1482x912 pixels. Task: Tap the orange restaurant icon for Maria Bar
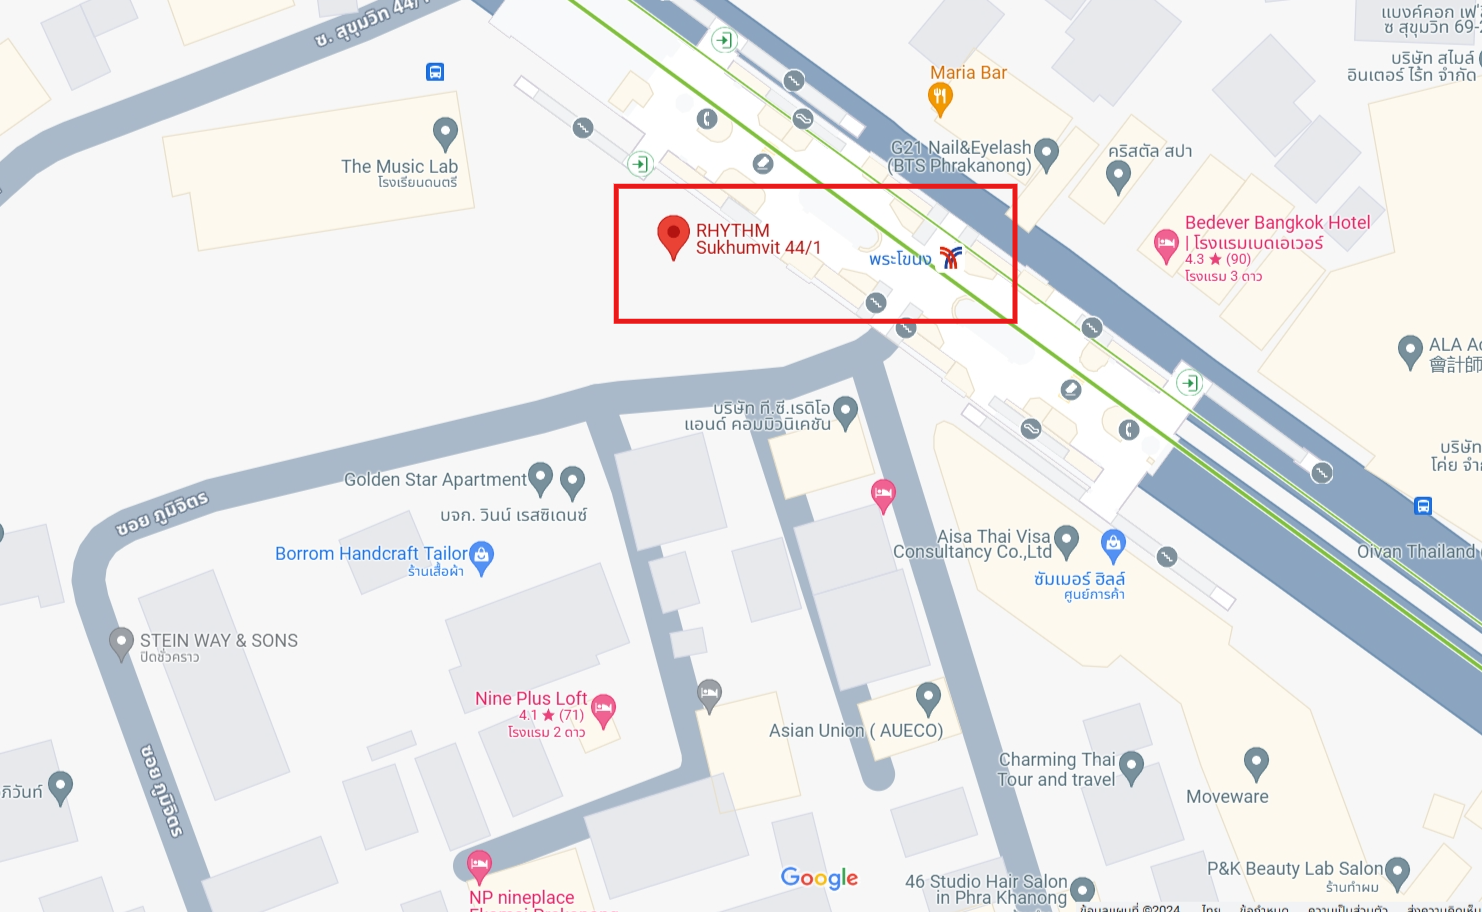point(940,98)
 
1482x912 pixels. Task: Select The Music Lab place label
point(399,167)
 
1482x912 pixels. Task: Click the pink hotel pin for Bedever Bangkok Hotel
point(1165,244)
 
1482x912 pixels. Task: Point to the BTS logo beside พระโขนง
point(950,258)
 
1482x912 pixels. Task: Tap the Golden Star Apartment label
point(435,480)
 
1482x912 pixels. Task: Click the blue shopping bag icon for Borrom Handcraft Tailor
point(482,555)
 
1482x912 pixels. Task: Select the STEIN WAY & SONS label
point(218,641)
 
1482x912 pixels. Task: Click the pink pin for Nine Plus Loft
point(603,709)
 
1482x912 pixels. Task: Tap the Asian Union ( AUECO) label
point(855,731)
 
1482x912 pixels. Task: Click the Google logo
point(819,878)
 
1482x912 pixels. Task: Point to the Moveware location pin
point(1256,763)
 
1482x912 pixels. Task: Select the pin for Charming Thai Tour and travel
point(1131,766)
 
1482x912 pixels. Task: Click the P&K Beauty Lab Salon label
point(1294,869)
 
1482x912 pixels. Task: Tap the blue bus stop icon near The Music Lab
point(435,72)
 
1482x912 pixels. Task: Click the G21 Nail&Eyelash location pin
point(1046,152)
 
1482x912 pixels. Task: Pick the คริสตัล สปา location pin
point(1118,176)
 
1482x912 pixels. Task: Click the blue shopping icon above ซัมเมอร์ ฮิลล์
point(1113,545)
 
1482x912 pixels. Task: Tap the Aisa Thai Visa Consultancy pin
point(1067,540)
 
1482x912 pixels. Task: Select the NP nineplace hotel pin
point(479,864)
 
